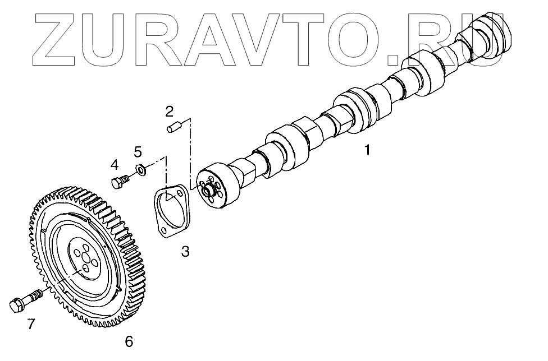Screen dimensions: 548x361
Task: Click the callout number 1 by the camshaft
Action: [x=367, y=150]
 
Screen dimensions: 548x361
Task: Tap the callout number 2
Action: [x=169, y=110]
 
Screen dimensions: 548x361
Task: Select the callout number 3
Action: [x=185, y=252]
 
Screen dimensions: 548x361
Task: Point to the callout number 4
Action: [x=115, y=164]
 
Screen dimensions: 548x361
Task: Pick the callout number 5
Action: [x=138, y=151]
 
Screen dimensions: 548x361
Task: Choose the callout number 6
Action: [x=129, y=341]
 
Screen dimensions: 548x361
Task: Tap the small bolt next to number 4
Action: [x=120, y=182]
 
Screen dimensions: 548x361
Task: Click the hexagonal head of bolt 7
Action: [x=16, y=306]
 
